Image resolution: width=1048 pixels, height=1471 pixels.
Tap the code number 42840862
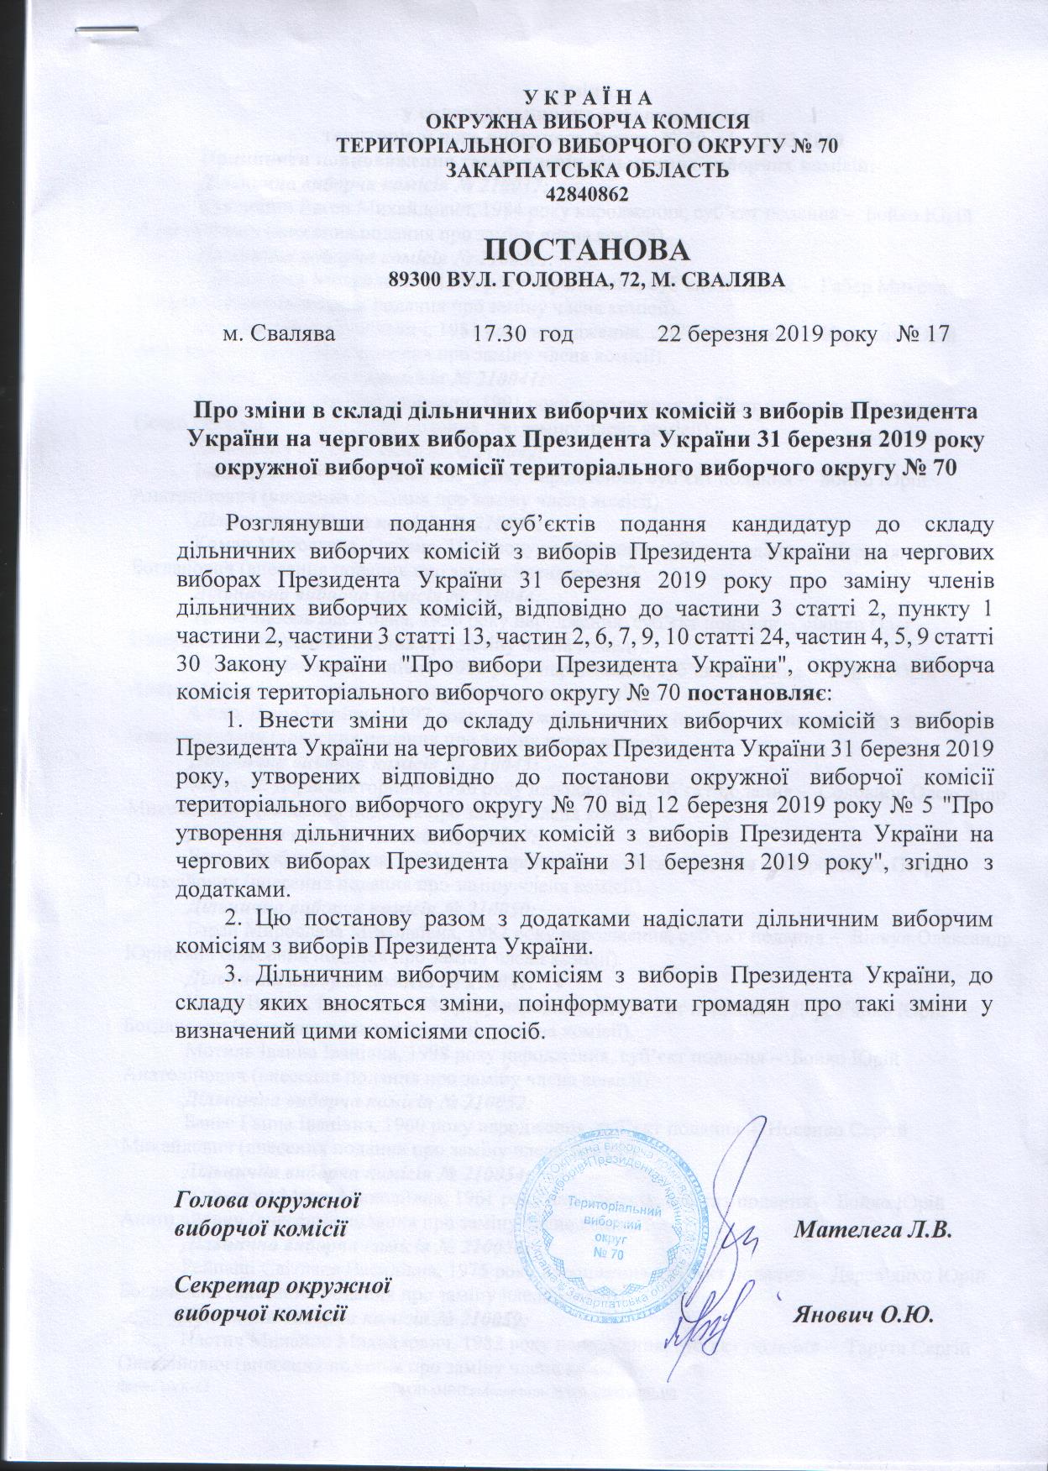tap(587, 193)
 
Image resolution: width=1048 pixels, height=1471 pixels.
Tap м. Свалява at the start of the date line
tap(280, 332)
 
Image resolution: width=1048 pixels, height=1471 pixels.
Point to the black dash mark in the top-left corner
tap(107, 29)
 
